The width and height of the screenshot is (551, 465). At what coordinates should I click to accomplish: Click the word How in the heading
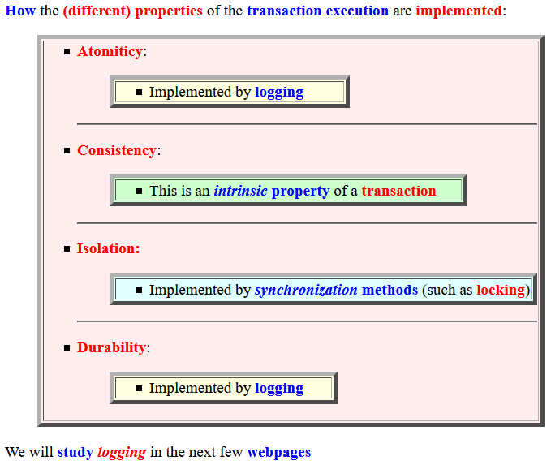pyautogui.click(x=20, y=11)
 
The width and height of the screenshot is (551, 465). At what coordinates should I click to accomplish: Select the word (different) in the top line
pyautogui.click(x=97, y=11)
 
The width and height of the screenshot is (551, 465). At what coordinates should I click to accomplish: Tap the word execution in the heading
pyautogui.click(x=357, y=11)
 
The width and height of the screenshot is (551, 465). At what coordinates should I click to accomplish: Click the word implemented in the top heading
pyautogui.click(x=459, y=11)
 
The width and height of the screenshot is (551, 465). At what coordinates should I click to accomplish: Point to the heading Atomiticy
pyautogui.click(x=110, y=52)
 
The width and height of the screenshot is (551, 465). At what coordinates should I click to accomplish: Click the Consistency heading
pyautogui.click(x=117, y=150)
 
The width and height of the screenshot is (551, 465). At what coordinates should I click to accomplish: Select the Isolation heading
pyautogui.click(x=108, y=248)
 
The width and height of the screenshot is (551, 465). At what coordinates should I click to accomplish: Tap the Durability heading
pyautogui.click(x=111, y=347)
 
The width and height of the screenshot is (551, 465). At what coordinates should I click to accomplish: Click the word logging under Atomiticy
pyautogui.click(x=279, y=93)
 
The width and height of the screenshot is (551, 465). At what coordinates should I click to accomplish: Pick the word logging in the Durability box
pyautogui.click(x=279, y=389)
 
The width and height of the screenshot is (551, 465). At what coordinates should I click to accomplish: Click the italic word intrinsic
pyautogui.click(x=241, y=191)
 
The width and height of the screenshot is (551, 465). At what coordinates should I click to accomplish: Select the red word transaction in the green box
pyautogui.click(x=398, y=191)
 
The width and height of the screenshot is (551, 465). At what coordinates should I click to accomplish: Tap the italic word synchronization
pyautogui.click(x=306, y=291)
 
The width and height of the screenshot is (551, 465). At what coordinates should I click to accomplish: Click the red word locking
pyautogui.click(x=501, y=291)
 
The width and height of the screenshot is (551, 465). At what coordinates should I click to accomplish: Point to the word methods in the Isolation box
pyautogui.click(x=390, y=290)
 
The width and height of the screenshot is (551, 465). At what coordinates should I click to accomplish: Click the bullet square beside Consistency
pyautogui.click(x=67, y=151)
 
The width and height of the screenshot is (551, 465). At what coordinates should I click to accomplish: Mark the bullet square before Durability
pyautogui.click(x=67, y=348)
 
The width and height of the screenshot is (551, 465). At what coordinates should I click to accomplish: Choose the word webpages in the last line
pyautogui.click(x=279, y=453)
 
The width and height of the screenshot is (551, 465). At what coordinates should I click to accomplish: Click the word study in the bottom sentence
pyautogui.click(x=75, y=453)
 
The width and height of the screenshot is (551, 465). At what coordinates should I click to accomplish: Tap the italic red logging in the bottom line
pyautogui.click(x=122, y=453)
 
